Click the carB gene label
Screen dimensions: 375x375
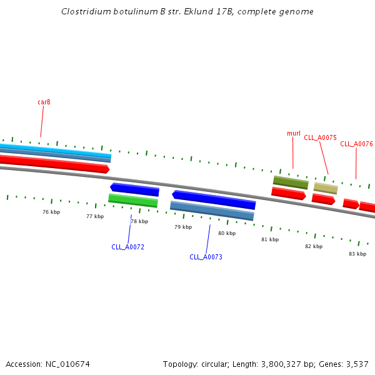click(x=44, y=102)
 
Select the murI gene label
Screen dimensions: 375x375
click(x=294, y=133)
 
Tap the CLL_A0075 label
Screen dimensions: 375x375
click(x=320, y=137)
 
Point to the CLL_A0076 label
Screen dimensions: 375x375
click(x=356, y=144)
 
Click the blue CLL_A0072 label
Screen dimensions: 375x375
click(x=127, y=247)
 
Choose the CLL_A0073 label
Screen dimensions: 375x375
click(x=206, y=257)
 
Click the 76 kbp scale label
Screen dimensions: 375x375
click(x=51, y=212)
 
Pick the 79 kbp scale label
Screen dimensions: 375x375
click(x=183, y=227)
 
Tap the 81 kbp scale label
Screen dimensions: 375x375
click(x=270, y=239)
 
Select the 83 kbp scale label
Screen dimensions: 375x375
click(x=357, y=254)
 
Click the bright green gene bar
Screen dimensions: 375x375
click(x=133, y=201)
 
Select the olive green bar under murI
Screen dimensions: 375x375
click(x=291, y=182)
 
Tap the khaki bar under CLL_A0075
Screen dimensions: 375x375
click(x=326, y=188)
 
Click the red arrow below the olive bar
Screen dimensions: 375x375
click(x=288, y=194)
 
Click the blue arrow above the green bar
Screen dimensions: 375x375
click(x=135, y=189)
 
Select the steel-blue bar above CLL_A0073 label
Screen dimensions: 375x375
click(x=212, y=211)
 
